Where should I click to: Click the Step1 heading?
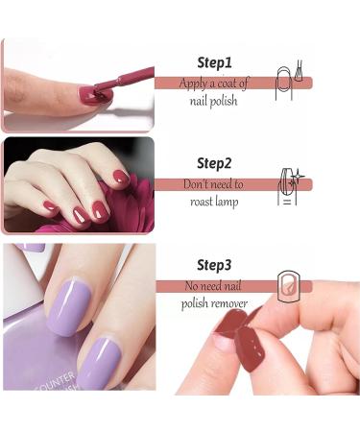(214, 62)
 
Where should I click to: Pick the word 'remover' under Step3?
(228, 304)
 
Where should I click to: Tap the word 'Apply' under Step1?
(195, 83)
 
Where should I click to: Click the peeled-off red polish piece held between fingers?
(251, 345)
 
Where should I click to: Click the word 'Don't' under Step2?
(198, 183)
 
